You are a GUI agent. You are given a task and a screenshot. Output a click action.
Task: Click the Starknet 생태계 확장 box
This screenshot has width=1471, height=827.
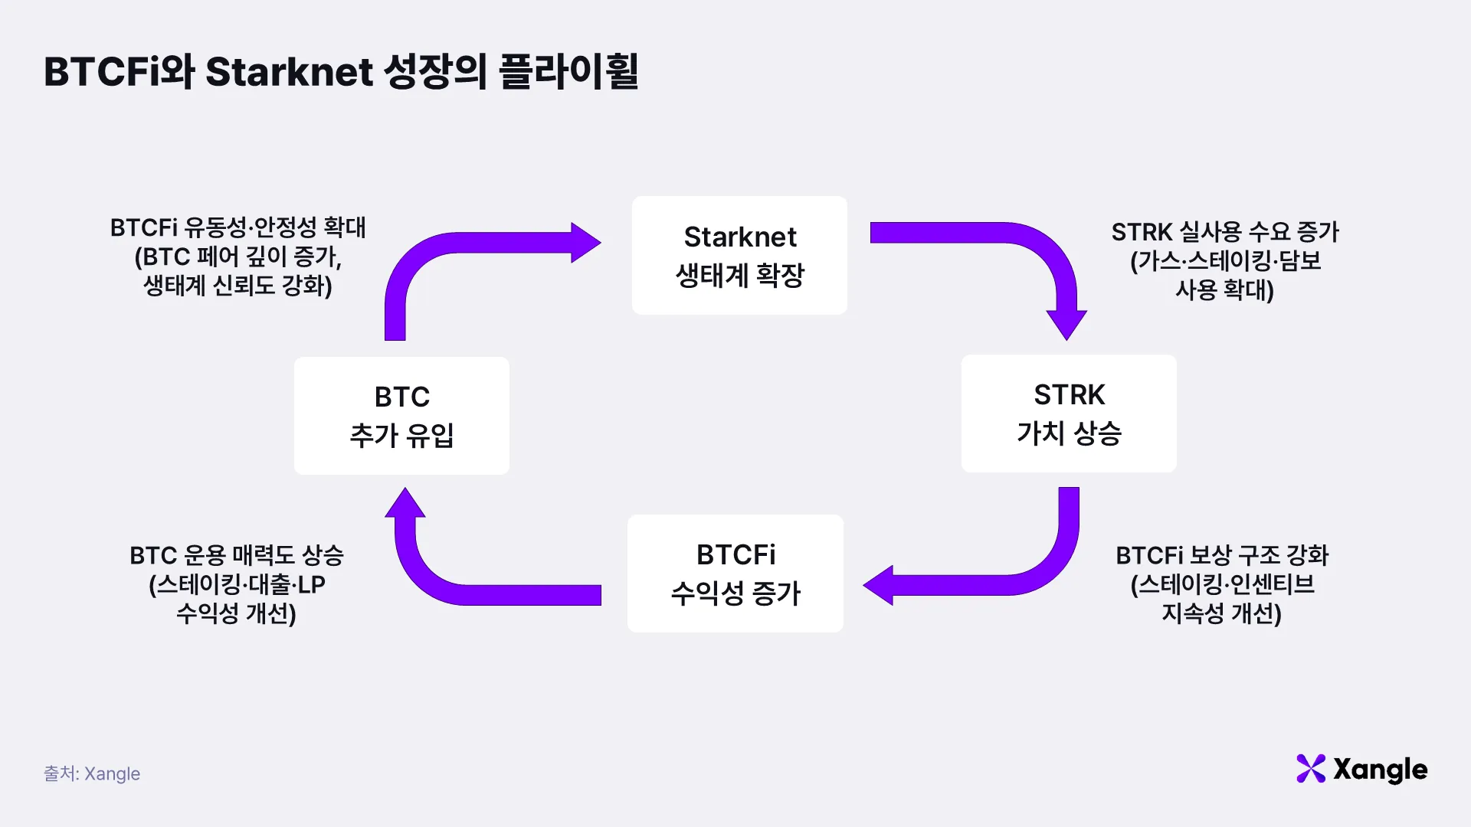[x=739, y=255]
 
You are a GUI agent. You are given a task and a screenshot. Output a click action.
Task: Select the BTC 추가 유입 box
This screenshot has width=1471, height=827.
[x=401, y=416]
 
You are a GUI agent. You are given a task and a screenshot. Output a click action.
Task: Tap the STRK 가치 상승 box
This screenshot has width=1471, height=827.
[x=1069, y=413]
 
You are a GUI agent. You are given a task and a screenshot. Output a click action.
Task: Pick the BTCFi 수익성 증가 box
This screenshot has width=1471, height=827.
[x=735, y=574]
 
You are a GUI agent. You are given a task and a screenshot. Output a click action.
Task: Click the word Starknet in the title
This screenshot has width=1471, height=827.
[x=290, y=72]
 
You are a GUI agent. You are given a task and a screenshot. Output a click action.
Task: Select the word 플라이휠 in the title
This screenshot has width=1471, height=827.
[x=568, y=72]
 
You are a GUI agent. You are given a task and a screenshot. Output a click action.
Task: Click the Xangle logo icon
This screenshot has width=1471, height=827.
[x=1311, y=769]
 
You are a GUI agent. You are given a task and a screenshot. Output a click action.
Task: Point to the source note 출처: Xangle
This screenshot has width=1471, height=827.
[x=92, y=773]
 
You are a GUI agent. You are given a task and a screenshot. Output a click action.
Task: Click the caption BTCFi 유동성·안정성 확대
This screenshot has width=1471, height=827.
[x=238, y=227]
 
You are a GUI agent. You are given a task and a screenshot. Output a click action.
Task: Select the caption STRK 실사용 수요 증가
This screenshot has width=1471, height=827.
[x=1225, y=231]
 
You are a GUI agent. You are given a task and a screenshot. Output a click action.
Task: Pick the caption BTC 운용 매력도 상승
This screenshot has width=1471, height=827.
[x=237, y=555]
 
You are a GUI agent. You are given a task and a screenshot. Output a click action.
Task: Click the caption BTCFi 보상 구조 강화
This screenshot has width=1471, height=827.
[x=1222, y=555]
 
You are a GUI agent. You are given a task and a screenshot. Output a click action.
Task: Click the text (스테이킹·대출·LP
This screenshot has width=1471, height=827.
[x=237, y=585]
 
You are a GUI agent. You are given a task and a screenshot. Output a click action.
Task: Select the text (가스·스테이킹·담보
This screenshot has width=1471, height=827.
[x=1226, y=261]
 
